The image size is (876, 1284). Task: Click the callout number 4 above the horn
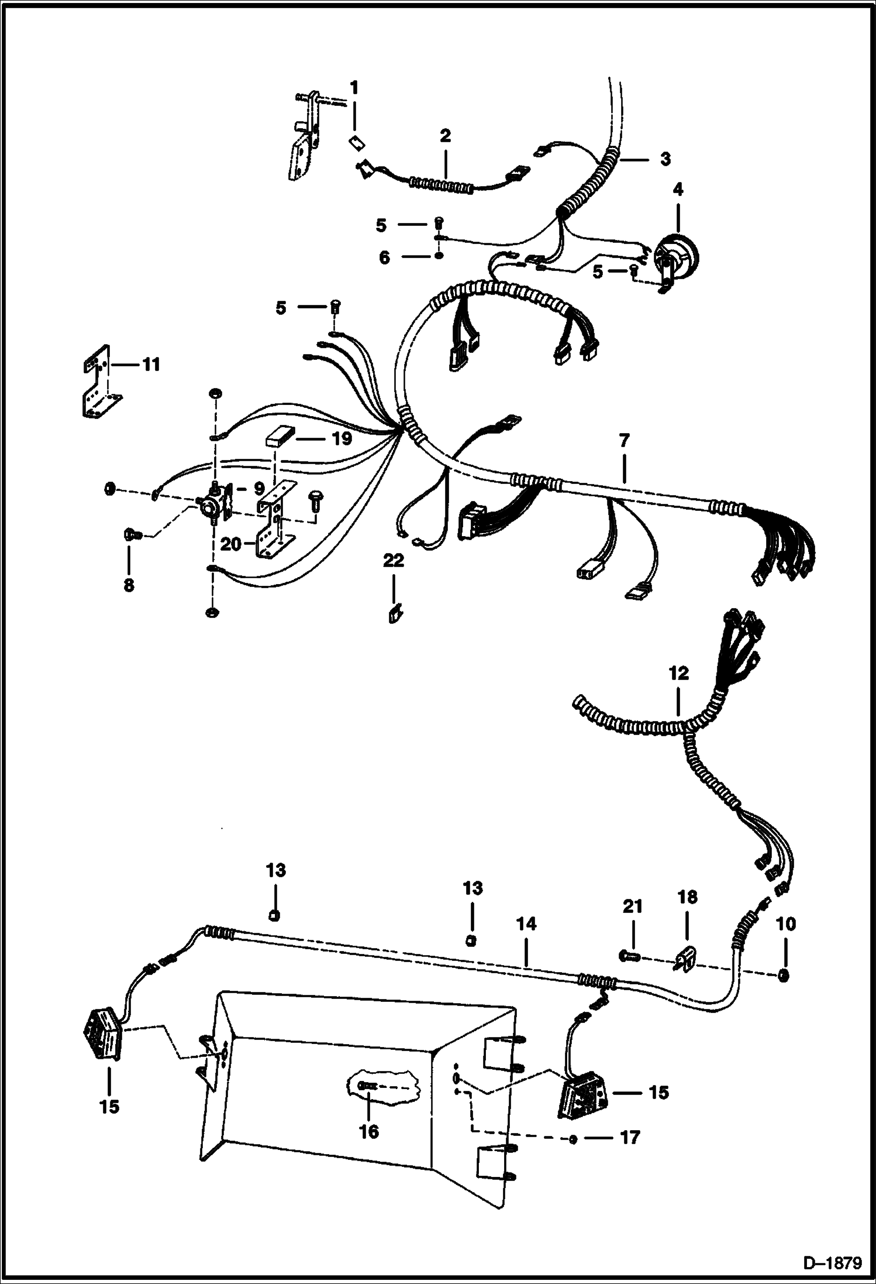(x=678, y=190)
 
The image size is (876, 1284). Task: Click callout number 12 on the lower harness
(x=678, y=673)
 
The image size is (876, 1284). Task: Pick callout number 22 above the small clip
(x=393, y=561)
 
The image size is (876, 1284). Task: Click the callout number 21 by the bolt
(x=632, y=907)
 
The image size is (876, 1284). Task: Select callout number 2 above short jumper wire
(x=445, y=136)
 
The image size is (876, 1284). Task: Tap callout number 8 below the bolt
(x=129, y=584)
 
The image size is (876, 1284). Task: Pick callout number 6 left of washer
(x=384, y=258)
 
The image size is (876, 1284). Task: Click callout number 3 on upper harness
(x=665, y=159)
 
